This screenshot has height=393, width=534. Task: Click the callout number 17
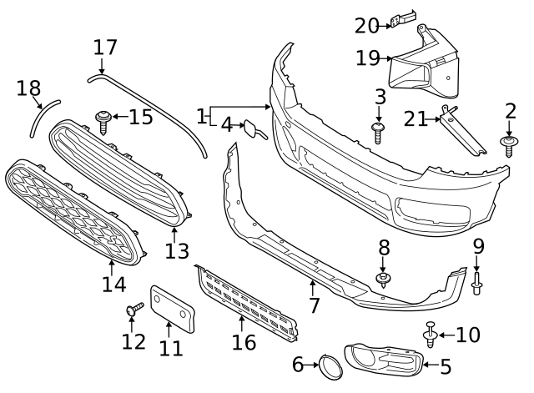click(x=105, y=47)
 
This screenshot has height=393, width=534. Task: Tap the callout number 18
click(x=28, y=89)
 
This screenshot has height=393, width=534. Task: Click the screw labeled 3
click(x=378, y=130)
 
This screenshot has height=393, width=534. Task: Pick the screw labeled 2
click(x=508, y=147)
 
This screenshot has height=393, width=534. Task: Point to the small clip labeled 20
click(x=405, y=17)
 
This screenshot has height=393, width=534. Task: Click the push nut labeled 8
click(x=384, y=280)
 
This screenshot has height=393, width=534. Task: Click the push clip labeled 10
click(x=431, y=335)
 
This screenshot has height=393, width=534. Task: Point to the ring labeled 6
click(x=328, y=364)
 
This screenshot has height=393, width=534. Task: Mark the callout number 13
click(x=177, y=250)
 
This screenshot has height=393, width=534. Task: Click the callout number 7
click(x=314, y=305)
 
